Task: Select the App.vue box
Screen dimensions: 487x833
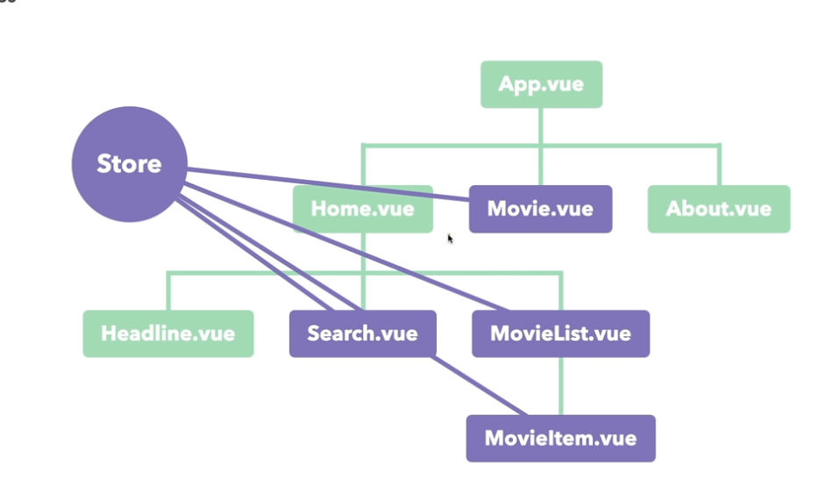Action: click(541, 84)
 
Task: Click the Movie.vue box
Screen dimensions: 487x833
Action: click(540, 209)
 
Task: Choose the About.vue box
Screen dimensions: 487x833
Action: click(718, 209)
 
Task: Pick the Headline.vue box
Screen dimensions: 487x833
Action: click(167, 333)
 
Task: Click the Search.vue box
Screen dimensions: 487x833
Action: click(362, 333)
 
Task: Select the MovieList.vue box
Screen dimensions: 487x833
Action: click(560, 333)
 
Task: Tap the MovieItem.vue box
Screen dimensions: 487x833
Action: click(560, 438)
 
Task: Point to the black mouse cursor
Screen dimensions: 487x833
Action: click(450, 237)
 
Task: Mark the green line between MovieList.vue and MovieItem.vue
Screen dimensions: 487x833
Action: click(561, 385)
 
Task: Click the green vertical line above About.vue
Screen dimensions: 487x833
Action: click(719, 165)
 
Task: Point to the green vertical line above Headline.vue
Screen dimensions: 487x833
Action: click(167, 291)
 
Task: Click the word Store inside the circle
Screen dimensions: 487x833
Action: click(129, 164)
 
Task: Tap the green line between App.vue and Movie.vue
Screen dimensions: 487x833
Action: click(541, 127)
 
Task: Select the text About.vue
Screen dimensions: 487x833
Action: click(718, 209)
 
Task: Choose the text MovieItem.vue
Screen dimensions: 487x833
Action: click(560, 438)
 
